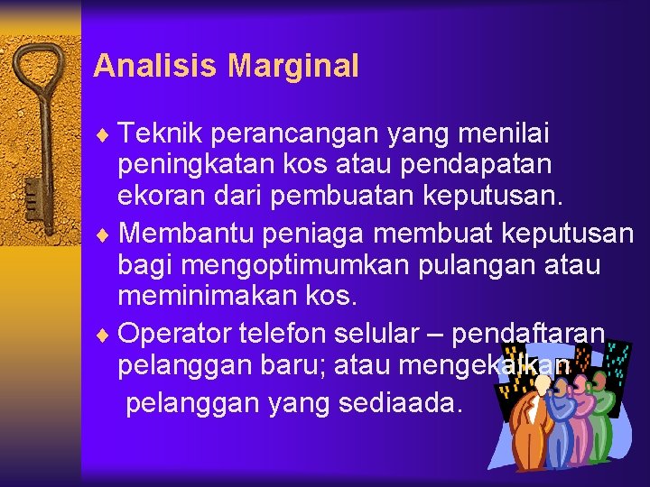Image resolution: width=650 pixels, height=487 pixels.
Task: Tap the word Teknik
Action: tap(160, 134)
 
